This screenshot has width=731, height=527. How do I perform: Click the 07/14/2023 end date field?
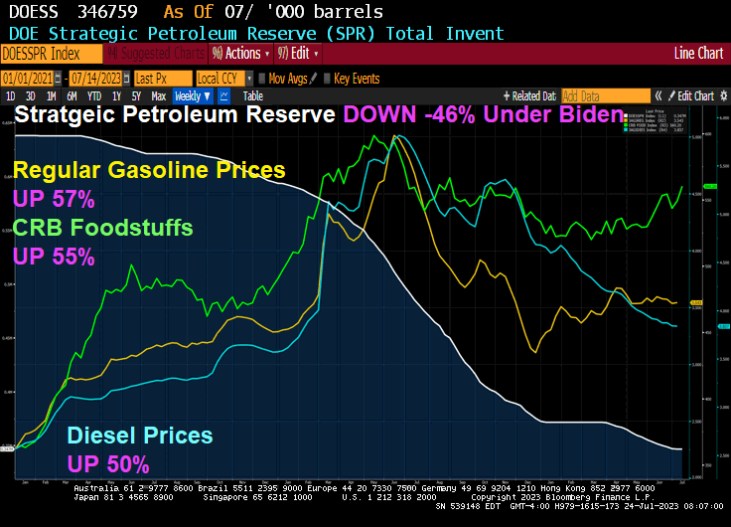pyautogui.click(x=97, y=78)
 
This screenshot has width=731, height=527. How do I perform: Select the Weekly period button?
pyautogui.click(x=192, y=96)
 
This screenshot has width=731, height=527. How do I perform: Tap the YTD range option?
pyautogui.click(x=94, y=96)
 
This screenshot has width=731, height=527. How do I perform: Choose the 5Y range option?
pyautogui.click(x=137, y=96)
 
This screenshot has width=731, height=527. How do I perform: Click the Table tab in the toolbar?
pyautogui.click(x=253, y=96)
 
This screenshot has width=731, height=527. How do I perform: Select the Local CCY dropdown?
pyautogui.click(x=222, y=78)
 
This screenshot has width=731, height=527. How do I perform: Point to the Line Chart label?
pyautogui.click(x=699, y=53)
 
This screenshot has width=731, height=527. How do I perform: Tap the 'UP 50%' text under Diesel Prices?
pyautogui.click(x=108, y=463)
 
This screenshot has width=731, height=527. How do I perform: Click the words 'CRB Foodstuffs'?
pyautogui.click(x=102, y=228)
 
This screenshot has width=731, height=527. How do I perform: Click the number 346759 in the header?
pyautogui.click(x=115, y=13)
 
